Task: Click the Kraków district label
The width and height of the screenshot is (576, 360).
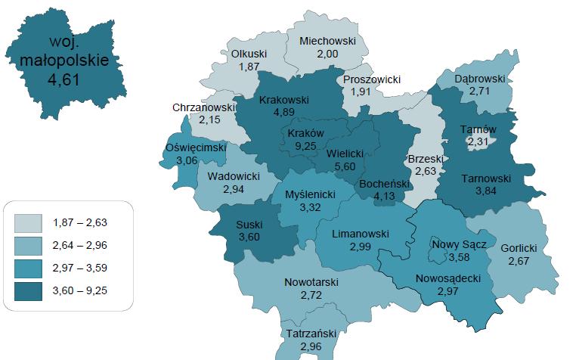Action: (x=307, y=133)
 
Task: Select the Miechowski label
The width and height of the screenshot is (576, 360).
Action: (x=327, y=42)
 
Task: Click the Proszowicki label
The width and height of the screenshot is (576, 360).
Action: (x=371, y=79)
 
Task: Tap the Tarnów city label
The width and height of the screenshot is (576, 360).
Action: (x=478, y=129)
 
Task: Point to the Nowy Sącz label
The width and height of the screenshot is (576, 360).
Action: (x=459, y=244)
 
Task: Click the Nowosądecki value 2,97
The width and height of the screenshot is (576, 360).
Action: (x=448, y=290)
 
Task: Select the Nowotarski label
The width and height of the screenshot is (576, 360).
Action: (x=311, y=282)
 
